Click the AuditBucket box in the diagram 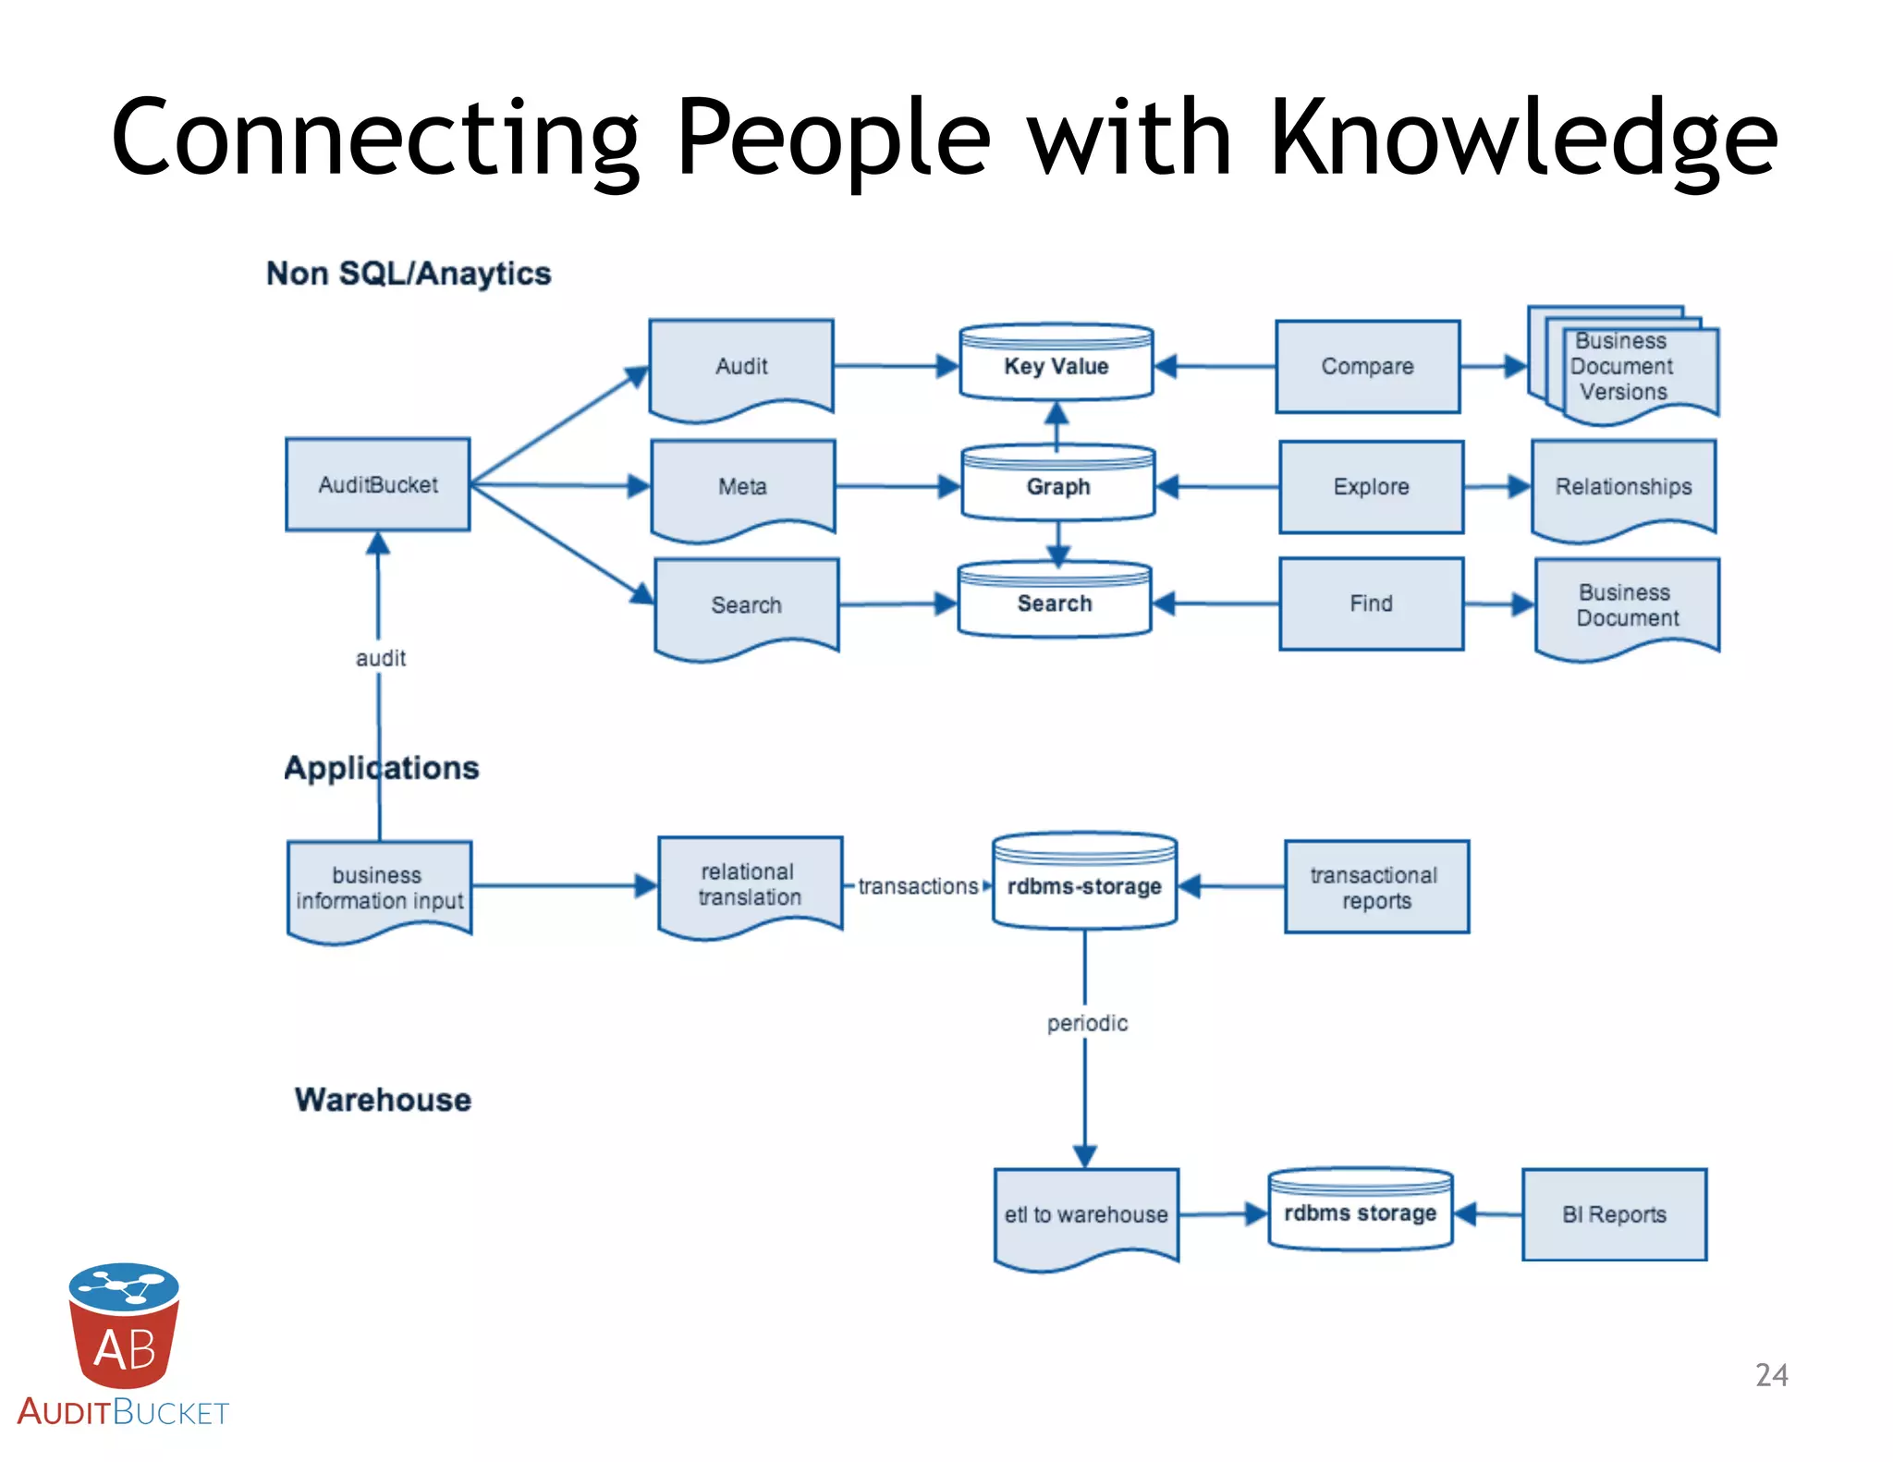377,484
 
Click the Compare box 1367,367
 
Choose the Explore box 1371,487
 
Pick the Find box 1371,603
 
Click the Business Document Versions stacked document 1624,367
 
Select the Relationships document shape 1623,487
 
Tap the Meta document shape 742,487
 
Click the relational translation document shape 750,884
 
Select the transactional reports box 1375,887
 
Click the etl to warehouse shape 1086,1214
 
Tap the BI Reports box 1614,1214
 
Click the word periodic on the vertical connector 1087,1023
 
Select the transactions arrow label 917,886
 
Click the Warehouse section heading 383,1100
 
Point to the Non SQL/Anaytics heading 409,274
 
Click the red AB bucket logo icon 124,1325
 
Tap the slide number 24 1771,1375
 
